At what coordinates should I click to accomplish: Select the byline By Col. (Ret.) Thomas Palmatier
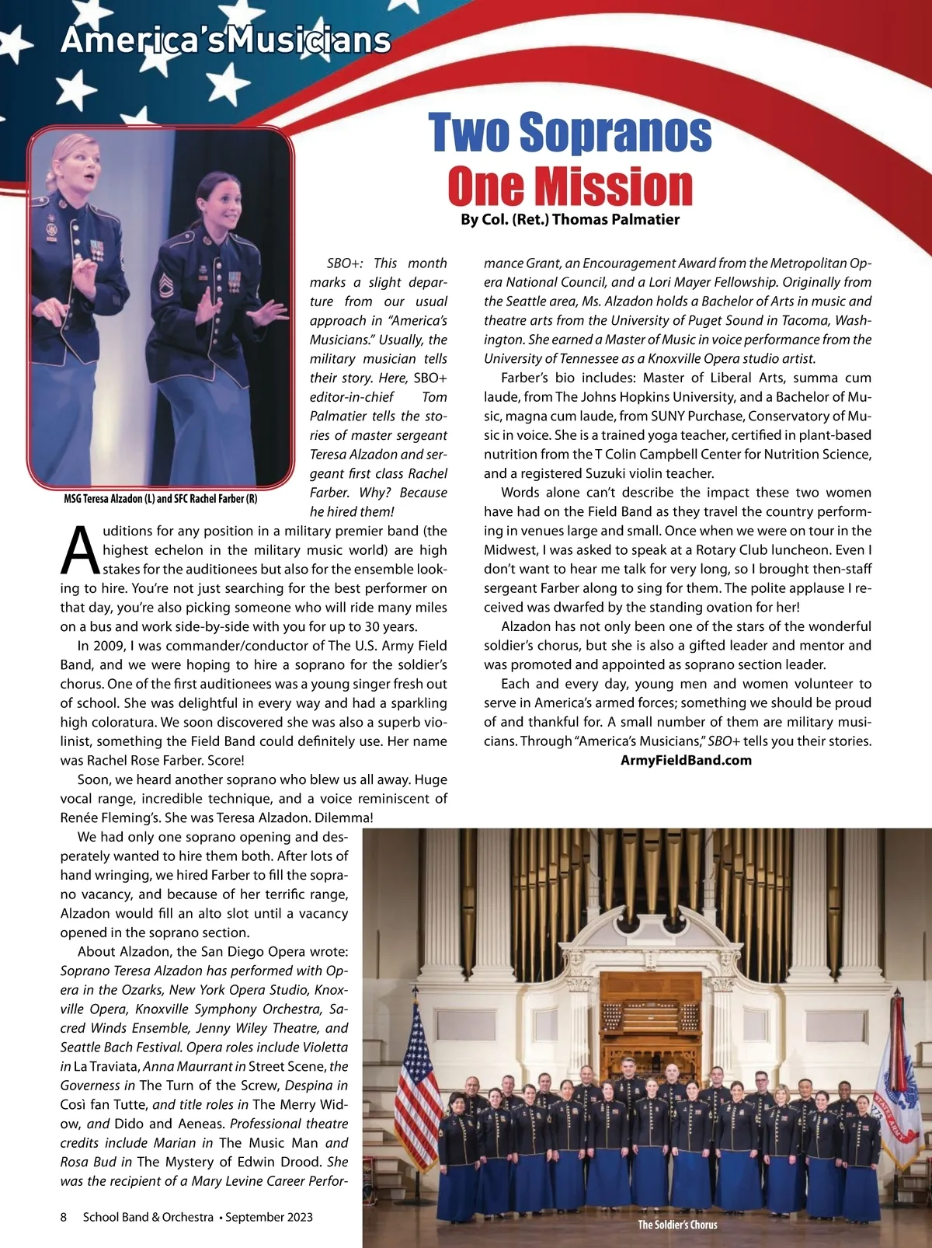(570, 220)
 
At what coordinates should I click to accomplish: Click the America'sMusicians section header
(225, 40)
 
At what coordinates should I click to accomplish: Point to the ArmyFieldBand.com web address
(687, 760)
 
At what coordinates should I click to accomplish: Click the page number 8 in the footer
(64, 1217)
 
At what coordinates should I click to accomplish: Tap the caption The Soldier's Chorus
(677, 1225)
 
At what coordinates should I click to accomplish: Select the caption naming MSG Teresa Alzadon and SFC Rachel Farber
(161, 498)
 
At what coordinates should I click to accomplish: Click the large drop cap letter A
(80, 549)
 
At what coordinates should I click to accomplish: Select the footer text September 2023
(269, 1217)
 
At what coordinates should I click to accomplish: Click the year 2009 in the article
(107, 646)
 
